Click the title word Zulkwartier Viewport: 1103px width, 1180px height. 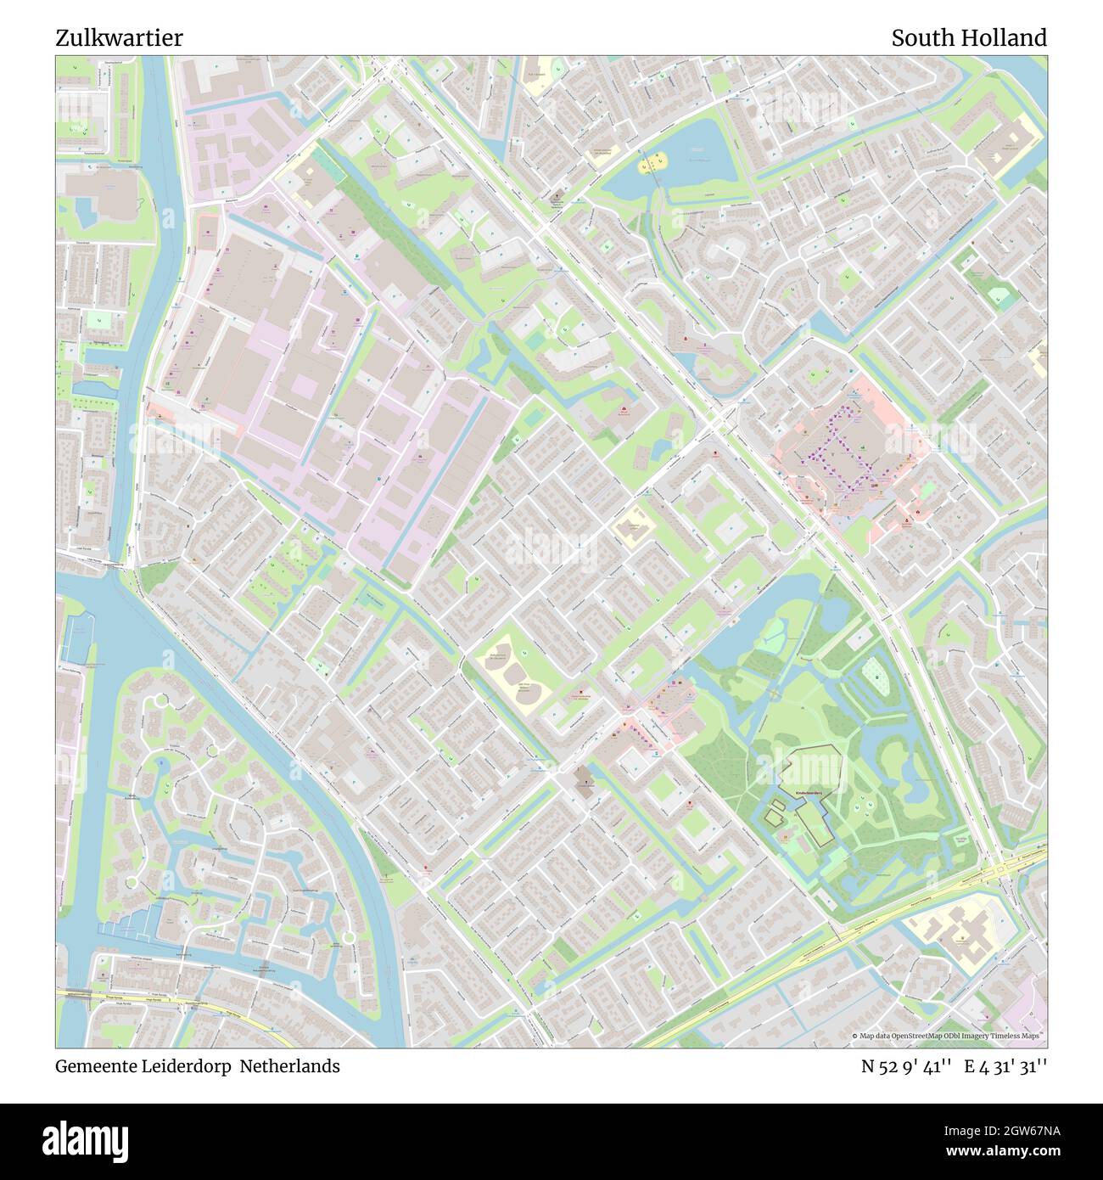click(119, 38)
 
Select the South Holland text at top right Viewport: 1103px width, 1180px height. click(968, 38)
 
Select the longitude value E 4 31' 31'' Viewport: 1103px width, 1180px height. click(1005, 1066)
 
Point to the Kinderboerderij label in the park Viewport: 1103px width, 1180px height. click(811, 789)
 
